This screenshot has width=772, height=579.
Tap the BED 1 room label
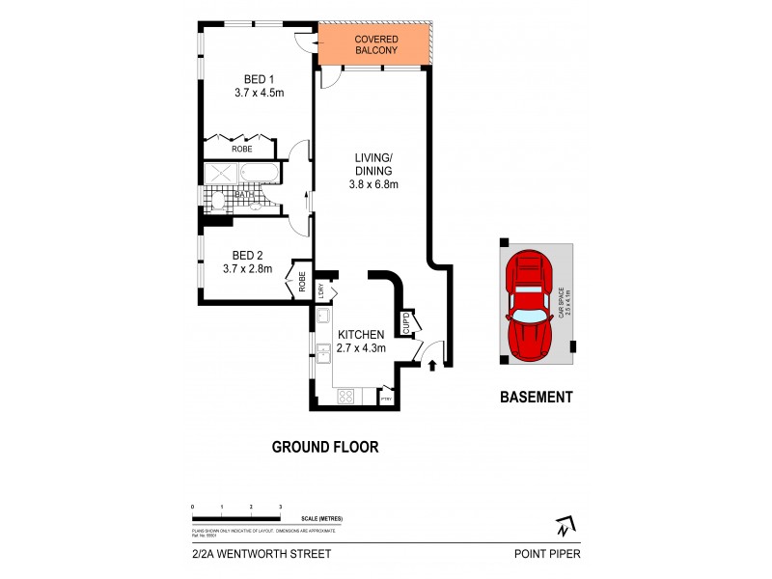pos(255,79)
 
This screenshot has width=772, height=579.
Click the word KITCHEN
pos(359,334)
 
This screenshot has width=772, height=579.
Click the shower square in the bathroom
pos(219,175)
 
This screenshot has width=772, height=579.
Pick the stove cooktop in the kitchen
pos(345,396)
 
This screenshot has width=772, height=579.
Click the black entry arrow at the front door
pos(431,365)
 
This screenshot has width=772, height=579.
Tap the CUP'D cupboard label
pos(408,322)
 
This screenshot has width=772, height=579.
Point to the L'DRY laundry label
pos(321,289)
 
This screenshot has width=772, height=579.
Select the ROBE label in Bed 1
pos(241,150)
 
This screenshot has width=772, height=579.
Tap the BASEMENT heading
pos(536,397)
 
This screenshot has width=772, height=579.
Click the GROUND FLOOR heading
pos(324,447)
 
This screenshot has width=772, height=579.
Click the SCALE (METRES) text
pos(321,519)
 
